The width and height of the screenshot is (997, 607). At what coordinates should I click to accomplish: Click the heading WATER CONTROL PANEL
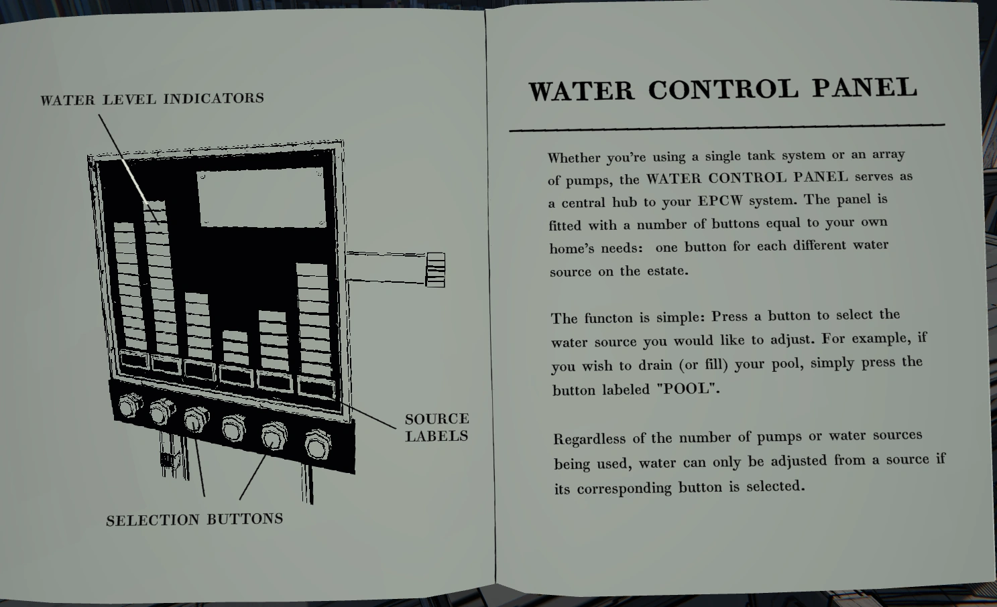click(723, 89)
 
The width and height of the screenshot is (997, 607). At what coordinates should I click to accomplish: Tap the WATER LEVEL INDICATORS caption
click(152, 98)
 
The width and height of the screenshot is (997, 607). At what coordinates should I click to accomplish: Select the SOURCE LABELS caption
click(436, 427)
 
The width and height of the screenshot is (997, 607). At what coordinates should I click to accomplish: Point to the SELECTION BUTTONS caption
click(194, 519)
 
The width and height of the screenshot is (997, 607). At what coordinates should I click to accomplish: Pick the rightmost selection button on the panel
click(318, 444)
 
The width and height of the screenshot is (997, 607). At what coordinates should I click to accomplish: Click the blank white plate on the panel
click(261, 198)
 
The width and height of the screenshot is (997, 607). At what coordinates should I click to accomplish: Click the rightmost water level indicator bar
click(314, 320)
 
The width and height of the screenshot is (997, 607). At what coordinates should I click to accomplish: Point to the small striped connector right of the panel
click(435, 269)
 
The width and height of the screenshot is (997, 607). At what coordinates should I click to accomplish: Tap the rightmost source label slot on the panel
click(316, 387)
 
